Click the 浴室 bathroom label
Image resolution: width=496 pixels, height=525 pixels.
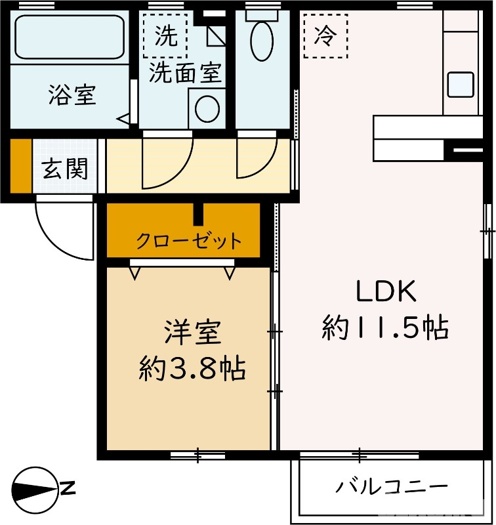[x=72, y=95]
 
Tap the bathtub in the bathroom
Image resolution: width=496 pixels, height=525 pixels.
[x=68, y=37]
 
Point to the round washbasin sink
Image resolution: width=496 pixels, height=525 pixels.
[x=207, y=109]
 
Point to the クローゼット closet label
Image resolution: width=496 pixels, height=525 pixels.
[x=188, y=241]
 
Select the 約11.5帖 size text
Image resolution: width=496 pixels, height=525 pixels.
[x=385, y=327]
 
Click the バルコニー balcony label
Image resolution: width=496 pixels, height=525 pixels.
[x=392, y=487]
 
